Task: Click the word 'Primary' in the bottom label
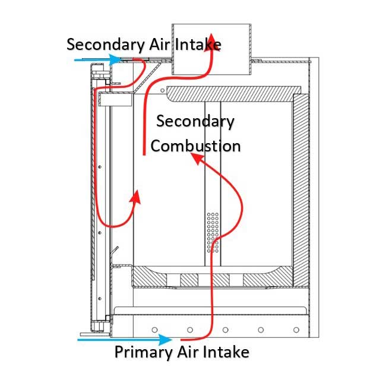pyautogui.click(x=143, y=352)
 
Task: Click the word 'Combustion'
pyautogui.click(x=195, y=145)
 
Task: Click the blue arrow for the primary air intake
pyautogui.click(x=125, y=340)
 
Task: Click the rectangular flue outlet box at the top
pyautogui.click(x=211, y=49)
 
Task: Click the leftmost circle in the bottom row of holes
pyautogui.click(x=154, y=329)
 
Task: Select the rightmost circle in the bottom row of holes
pyautogui.click(x=295, y=329)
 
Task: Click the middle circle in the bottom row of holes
pyautogui.click(x=225, y=329)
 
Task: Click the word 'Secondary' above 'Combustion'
pyautogui.click(x=195, y=122)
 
